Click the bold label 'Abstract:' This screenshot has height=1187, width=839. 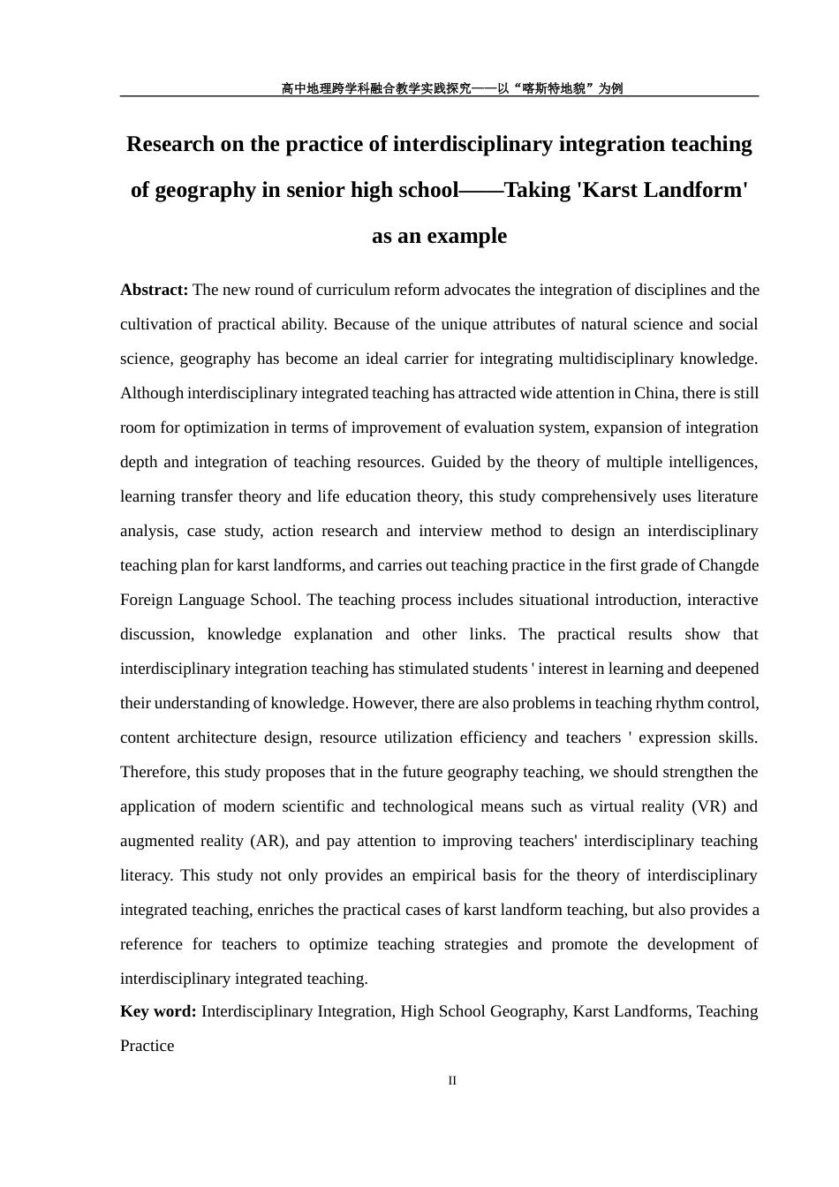coord(154,290)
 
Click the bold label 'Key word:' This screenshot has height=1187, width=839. coord(158,1011)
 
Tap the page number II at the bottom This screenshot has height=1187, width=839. coord(452,1080)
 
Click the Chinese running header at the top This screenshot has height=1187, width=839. coord(451,88)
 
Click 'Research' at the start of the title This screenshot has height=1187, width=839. coord(170,144)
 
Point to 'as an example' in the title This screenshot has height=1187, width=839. coord(439,236)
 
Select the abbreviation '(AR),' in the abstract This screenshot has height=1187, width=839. coord(268,841)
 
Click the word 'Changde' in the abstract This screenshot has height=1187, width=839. coord(729,565)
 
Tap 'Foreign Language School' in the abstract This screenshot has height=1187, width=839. coord(209,600)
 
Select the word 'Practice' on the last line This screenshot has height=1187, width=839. coord(147,1046)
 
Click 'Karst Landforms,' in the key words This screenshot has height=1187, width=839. coord(631,1011)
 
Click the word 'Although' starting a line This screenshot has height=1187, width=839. coord(152,393)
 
